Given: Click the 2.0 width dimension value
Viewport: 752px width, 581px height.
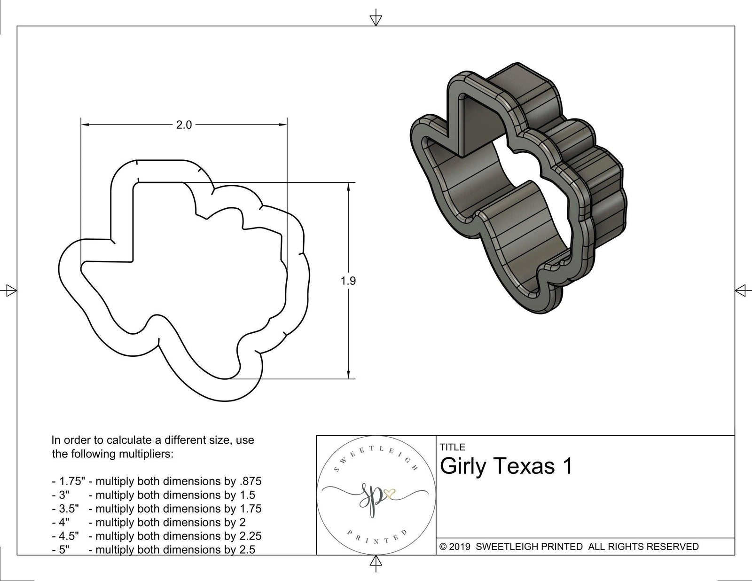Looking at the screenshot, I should [184, 125].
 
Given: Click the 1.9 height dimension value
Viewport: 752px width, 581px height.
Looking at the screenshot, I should [348, 281].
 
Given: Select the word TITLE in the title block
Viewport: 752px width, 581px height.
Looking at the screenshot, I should [453, 447].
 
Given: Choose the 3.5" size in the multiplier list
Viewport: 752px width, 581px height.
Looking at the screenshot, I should [69, 509].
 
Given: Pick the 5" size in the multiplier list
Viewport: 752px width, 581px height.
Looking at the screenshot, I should [64, 550].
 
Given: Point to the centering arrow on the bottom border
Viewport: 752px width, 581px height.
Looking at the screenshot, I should [376, 561].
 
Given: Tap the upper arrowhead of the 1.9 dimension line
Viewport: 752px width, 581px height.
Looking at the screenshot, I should [348, 187].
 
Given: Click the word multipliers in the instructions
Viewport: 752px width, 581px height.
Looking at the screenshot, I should [144, 454].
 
